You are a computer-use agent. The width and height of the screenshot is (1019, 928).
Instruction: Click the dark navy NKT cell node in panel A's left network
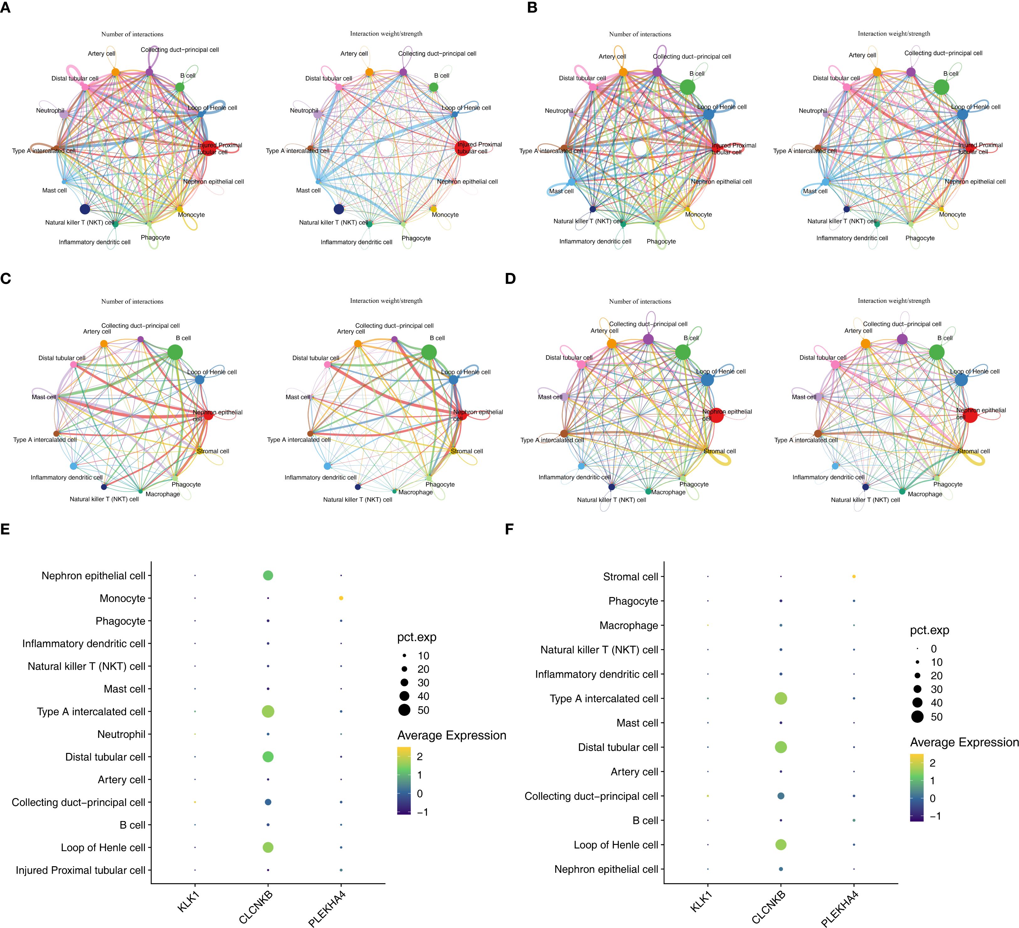tap(85, 209)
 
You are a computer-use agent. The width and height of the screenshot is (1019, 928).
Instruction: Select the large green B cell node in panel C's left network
tap(175, 353)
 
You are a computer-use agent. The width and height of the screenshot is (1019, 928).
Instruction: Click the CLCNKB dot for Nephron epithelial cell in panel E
tap(268, 575)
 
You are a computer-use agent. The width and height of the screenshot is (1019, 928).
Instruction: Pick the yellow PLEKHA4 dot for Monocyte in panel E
tap(341, 598)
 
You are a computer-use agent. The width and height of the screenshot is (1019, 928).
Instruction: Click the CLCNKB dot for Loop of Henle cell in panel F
tap(781, 845)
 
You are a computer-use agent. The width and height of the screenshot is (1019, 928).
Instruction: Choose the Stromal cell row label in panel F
tap(630, 577)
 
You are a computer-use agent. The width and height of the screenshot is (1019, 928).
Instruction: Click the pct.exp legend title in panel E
tap(417, 637)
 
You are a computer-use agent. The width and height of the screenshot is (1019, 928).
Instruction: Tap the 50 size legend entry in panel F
tap(917, 717)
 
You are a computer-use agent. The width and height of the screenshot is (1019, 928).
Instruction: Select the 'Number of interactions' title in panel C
tap(132, 301)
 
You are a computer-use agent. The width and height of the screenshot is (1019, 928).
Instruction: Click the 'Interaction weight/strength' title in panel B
tap(894, 34)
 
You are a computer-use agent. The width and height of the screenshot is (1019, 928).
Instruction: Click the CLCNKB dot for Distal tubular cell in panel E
tap(268, 757)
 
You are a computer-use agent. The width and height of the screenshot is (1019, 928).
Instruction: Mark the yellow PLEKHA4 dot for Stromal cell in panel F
tap(854, 577)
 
